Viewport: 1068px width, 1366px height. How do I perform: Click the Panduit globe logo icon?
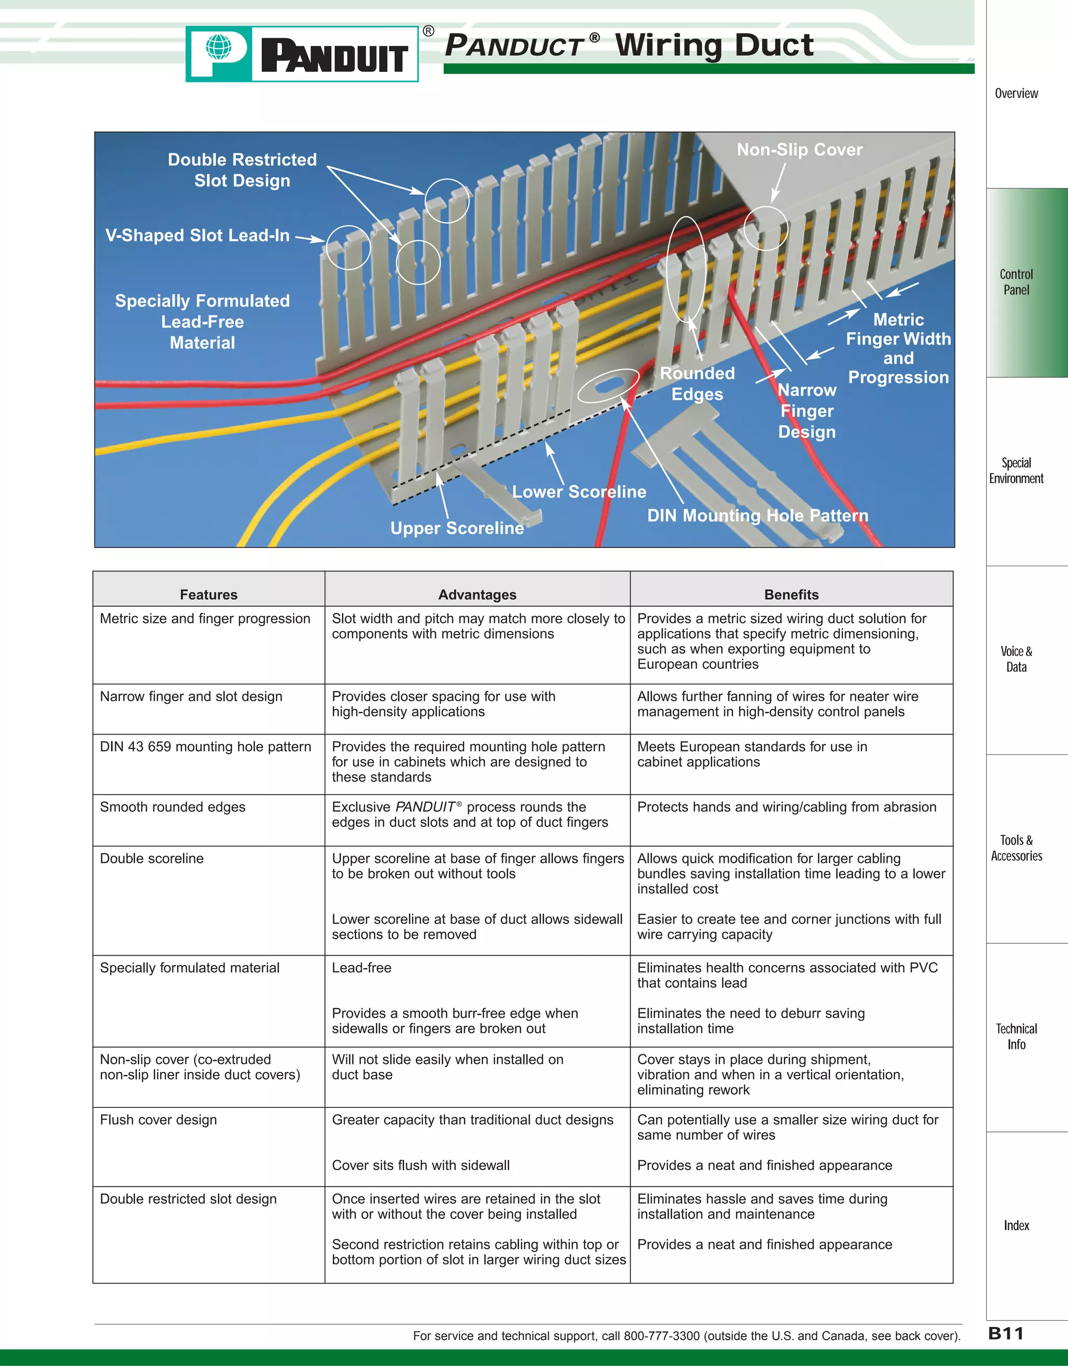pos(219,47)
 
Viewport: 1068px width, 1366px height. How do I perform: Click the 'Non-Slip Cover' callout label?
pos(799,150)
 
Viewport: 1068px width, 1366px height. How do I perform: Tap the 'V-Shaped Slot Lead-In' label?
pos(197,236)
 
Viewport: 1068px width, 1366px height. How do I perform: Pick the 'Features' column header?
pos(209,595)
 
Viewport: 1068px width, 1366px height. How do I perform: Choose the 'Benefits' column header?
pos(791,595)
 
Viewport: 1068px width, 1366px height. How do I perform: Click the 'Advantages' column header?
pos(477,595)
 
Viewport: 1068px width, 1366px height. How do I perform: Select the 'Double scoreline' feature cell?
pos(152,859)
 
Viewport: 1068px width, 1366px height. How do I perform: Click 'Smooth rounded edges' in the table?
pos(173,808)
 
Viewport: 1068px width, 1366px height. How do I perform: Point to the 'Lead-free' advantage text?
pos(361,968)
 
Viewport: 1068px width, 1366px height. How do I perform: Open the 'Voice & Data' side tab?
pos(1016,659)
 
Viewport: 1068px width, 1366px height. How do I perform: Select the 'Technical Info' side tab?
pos(1016,1036)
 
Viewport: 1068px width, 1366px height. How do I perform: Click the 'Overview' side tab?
pos(1016,94)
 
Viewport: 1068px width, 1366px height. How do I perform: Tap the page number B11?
pos(1005,1334)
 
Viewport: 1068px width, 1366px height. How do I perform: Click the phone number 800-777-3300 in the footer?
pos(661,1336)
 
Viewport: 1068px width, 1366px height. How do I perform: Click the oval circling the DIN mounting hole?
pos(608,385)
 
